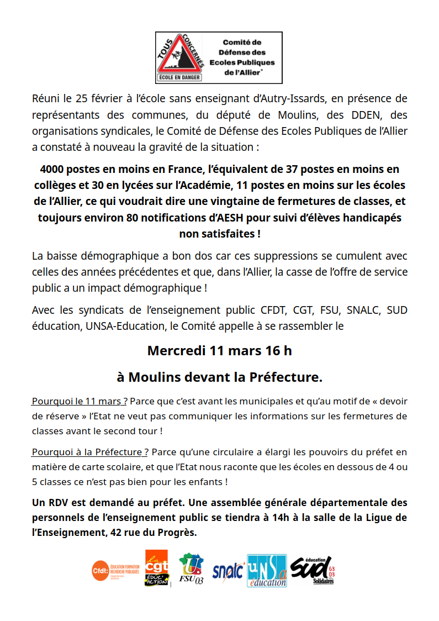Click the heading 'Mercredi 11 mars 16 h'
219,351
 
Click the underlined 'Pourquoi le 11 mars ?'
80,401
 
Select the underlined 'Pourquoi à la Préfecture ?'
90,452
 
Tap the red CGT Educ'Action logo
156,569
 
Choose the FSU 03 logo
192,570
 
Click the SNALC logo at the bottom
228,571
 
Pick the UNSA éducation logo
267,570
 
